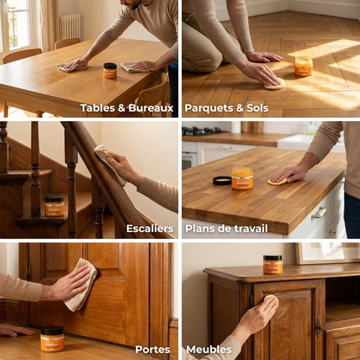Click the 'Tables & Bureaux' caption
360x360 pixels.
[x=126, y=108]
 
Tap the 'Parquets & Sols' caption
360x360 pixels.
[x=227, y=108]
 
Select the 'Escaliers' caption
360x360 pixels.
[x=150, y=228]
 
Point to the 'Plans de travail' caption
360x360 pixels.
[x=227, y=228]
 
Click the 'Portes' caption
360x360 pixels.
[x=152, y=350]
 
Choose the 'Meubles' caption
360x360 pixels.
[x=209, y=350]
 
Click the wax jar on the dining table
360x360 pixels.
[x=110, y=70]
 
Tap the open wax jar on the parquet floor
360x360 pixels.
[x=303, y=66]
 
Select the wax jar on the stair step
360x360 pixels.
[x=55, y=206]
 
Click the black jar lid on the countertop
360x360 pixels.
[x=222, y=181]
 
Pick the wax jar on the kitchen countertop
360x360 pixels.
[x=242, y=178]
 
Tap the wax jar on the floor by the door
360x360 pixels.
[x=52, y=339]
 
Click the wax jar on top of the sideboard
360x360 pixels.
[x=273, y=265]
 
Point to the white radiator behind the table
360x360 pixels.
[x=70, y=26]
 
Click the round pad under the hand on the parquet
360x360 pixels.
[x=275, y=84]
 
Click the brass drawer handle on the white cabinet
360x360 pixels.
[x=318, y=213]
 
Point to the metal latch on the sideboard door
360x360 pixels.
[x=318, y=327]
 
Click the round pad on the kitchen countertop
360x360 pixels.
[x=278, y=181]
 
